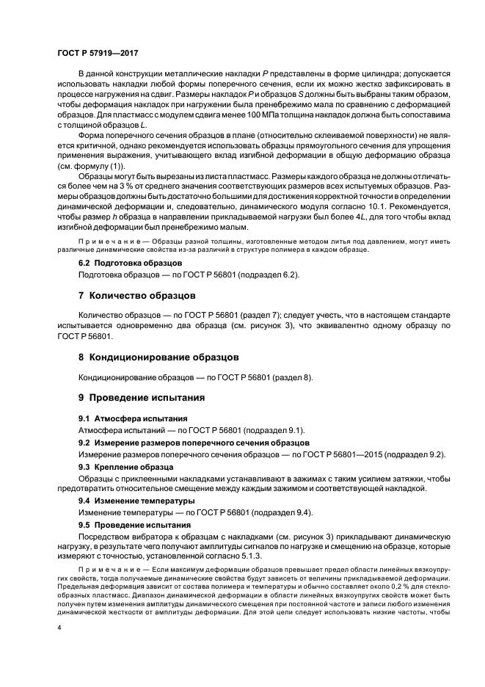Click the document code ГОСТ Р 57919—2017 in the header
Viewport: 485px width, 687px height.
coord(97,54)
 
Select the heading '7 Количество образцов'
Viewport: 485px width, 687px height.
coord(136,296)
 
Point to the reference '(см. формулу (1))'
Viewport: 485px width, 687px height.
coord(106,166)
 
